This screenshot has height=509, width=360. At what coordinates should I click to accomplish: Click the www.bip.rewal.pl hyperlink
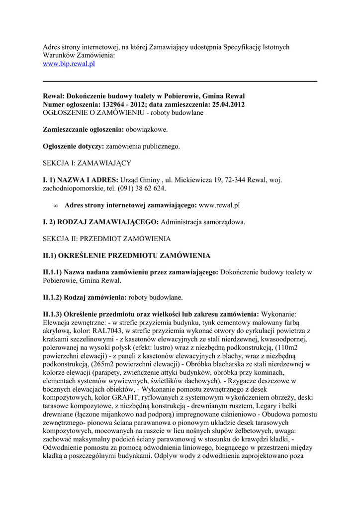[69, 64]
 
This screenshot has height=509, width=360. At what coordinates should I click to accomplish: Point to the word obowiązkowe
[147, 130]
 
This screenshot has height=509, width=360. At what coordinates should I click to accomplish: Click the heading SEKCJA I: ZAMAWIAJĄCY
[87, 163]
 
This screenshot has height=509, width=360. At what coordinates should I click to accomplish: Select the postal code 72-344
[232, 180]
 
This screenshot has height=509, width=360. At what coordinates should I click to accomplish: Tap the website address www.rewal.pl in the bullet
[219, 205]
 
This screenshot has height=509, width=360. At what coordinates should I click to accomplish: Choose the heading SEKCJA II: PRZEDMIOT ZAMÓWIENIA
[107, 239]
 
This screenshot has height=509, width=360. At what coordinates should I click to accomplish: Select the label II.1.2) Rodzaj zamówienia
[85, 297]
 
